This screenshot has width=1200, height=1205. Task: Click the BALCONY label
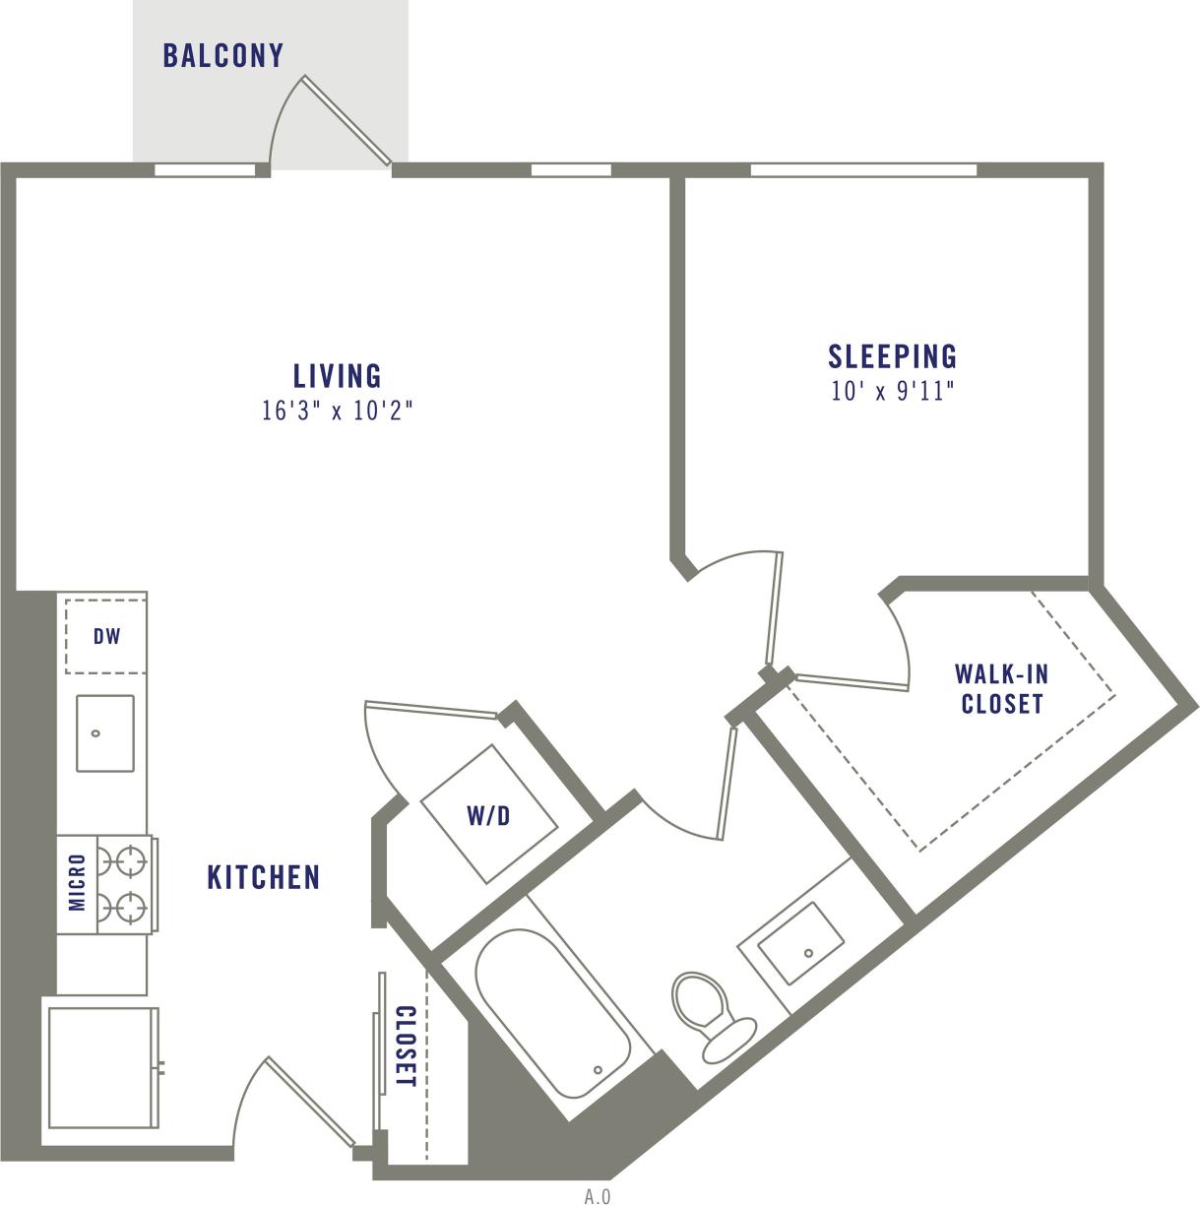point(223,56)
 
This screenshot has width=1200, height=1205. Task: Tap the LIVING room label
point(337,376)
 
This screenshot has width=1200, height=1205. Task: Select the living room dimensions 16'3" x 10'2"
point(337,411)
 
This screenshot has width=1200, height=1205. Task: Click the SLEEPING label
point(892,355)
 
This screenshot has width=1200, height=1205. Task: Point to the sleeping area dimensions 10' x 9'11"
point(892,392)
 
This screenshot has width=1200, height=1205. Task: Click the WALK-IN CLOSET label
point(1001,689)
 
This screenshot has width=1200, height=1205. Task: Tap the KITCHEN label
point(264,877)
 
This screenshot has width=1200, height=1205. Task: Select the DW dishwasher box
point(106,636)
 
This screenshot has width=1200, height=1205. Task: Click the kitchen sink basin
point(104,733)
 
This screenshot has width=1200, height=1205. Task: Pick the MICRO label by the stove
point(78,882)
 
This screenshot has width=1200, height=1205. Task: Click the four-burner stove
point(126,883)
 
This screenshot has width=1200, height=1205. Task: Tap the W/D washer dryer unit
point(488,815)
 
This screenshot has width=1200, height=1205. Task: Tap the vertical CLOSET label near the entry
point(405,1046)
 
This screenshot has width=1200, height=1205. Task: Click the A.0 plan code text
point(597,1197)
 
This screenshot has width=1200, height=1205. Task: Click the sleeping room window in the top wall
point(863,170)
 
